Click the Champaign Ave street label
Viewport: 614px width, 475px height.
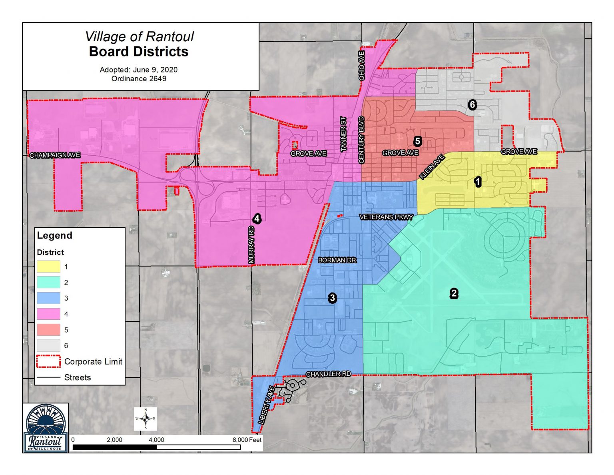(x=55, y=155)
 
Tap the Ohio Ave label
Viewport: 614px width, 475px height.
(x=362, y=66)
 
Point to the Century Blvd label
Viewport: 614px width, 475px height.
(x=362, y=140)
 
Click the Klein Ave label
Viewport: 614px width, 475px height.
(x=432, y=167)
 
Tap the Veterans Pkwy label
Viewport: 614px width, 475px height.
(x=386, y=217)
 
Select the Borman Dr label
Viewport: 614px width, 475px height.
(x=337, y=260)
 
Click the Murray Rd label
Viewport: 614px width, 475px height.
(x=251, y=245)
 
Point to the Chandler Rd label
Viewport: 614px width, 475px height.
(x=328, y=374)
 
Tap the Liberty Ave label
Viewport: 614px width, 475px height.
(x=267, y=405)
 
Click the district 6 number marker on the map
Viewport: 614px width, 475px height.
(x=472, y=105)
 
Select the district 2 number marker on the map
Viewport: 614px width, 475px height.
(x=454, y=293)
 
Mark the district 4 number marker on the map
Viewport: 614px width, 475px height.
(x=257, y=218)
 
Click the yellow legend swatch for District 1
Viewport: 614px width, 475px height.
(x=48, y=267)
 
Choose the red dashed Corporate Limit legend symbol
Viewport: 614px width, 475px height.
(x=48, y=361)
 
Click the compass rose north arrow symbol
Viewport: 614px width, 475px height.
(x=146, y=419)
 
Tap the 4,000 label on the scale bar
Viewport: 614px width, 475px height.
(x=156, y=440)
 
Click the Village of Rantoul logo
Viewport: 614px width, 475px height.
(x=45, y=428)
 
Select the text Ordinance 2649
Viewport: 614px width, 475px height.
(x=139, y=79)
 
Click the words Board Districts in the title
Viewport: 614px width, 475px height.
(x=139, y=52)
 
